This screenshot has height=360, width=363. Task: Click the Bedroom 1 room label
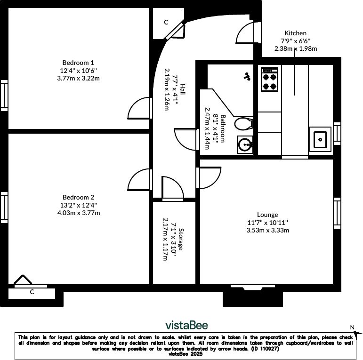[x=78, y=63]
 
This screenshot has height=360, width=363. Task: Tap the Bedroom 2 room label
[x=78, y=198]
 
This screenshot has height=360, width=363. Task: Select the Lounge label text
[x=267, y=215]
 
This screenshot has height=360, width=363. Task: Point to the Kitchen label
[x=295, y=33]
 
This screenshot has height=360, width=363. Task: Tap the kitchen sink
[x=320, y=139]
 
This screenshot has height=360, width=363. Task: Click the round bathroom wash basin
[x=245, y=144]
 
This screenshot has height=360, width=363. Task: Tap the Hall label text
[x=182, y=89]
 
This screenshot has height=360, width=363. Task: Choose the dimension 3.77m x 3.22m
[x=78, y=78]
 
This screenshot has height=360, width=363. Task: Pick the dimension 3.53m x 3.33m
[x=267, y=230]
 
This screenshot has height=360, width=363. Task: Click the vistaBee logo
[x=186, y=325]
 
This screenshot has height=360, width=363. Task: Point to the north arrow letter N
[x=352, y=327]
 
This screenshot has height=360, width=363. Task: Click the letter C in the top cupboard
[x=166, y=22]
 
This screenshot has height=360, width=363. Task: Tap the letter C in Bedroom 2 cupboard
[x=32, y=292]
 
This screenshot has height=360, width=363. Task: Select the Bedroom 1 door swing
[x=140, y=108]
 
